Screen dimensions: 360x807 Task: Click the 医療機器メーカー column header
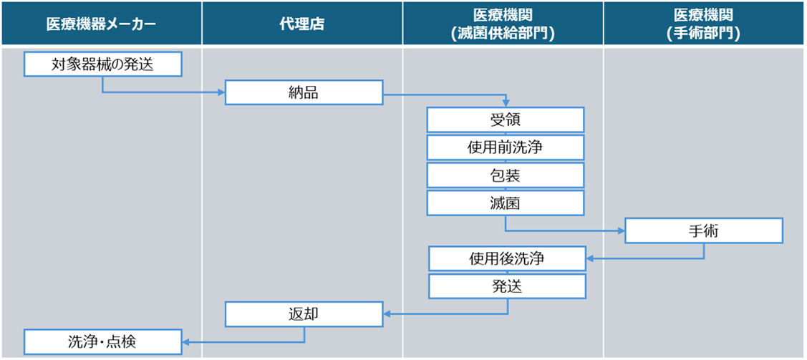tap(100, 24)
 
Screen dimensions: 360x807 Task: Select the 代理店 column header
tap(301, 24)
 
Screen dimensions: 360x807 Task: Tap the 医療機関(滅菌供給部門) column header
tap(504, 24)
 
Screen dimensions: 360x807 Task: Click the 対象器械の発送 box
tap(102, 64)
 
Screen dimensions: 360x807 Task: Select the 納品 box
tap(304, 92)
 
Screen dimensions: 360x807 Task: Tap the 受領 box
tap(505, 120)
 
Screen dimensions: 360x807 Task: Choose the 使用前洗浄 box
tap(505, 147)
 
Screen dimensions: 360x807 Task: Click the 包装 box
tap(505, 175)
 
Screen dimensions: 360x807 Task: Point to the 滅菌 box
tap(505, 203)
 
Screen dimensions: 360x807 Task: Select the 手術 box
tap(704, 230)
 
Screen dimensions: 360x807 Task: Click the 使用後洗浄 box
tap(507, 258)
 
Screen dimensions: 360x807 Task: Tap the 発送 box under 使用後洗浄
tap(507, 286)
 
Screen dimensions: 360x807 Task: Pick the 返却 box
tap(304, 313)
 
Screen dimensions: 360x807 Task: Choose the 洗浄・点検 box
tap(102, 341)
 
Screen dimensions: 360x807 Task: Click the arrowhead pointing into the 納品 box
tap(221, 92)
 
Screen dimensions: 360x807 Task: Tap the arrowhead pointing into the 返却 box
tap(387, 313)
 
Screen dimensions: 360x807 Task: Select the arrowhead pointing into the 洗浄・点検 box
tap(185, 341)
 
